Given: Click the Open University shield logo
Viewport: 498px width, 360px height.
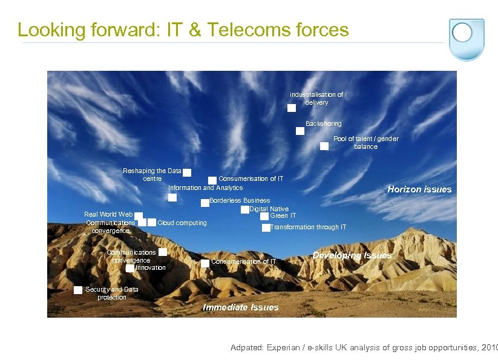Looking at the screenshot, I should tap(466, 39).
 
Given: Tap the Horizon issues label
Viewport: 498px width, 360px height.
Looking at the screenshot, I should tap(419, 189).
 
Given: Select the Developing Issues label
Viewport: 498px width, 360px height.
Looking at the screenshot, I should tap(352, 255).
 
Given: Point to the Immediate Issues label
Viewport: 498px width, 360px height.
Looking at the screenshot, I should tap(240, 307).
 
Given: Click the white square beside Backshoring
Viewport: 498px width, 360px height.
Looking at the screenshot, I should tap(300, 131).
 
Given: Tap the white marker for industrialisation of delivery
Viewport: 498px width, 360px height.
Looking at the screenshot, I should tap(291, 108).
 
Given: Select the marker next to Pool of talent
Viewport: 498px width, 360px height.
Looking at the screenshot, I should tap(324, 146).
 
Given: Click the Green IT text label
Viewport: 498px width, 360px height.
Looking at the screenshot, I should tap(283, 215).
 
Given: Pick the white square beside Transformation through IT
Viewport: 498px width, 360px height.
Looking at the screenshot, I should tap(266, 228).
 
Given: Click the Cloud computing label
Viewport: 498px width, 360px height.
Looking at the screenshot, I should tap(182, 223).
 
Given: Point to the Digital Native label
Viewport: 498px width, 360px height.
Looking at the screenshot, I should tap(269, 209).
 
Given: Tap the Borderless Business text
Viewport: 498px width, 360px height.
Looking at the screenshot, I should tap(240, 200).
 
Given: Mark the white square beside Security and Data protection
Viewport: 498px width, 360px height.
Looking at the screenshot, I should tap(78, 290).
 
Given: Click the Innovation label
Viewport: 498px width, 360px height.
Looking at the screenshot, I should tap(150, 267).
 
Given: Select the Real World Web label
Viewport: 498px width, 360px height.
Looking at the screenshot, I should tap(108, 214).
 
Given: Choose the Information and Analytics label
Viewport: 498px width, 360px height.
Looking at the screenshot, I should tap(205, 188).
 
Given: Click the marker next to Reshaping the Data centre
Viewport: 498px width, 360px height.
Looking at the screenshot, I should tap(187, 173).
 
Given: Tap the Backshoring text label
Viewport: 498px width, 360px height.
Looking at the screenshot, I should tap(323, 123).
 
